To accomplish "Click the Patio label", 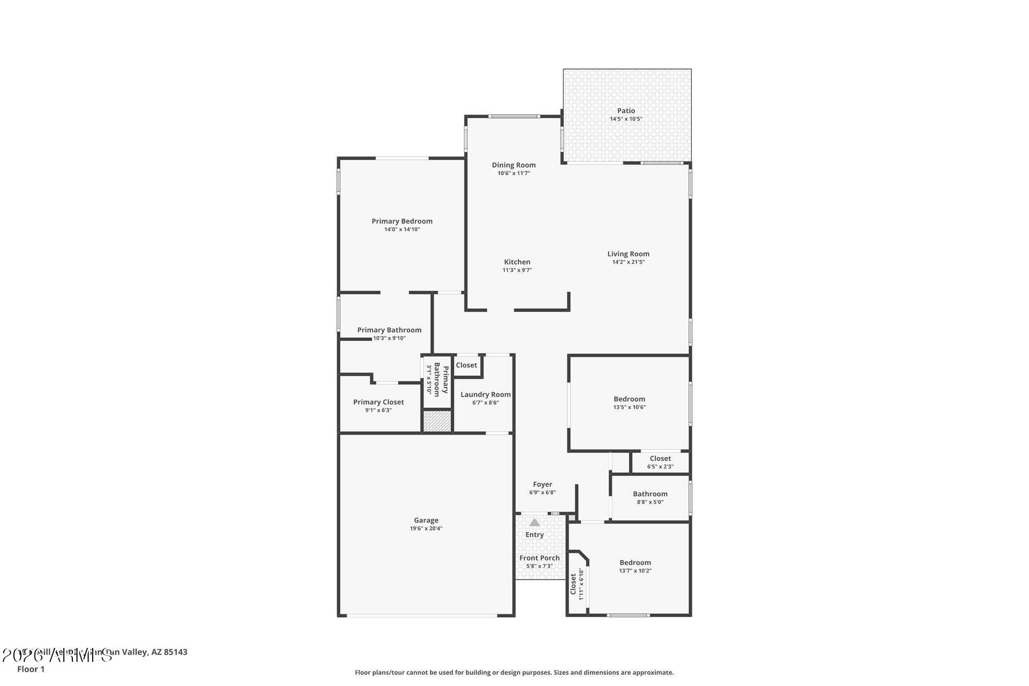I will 625,111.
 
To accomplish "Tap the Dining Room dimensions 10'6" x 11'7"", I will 513,173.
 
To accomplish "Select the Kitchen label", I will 517,262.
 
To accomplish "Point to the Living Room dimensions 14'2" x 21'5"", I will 628,262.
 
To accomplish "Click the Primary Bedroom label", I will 402,221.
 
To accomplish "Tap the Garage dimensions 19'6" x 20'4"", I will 426,528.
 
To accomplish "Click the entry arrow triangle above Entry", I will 534,522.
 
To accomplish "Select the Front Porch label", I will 539,558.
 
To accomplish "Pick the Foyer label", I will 542,484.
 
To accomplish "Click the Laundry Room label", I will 486,394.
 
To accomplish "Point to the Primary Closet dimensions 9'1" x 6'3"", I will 378,410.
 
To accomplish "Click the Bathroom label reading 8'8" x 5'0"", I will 650,494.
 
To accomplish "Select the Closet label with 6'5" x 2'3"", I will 660,458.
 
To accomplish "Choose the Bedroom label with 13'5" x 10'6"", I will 629,399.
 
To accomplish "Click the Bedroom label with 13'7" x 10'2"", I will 635,562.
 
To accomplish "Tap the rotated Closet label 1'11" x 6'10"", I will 573,584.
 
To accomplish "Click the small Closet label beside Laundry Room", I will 466,365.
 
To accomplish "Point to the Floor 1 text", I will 31,669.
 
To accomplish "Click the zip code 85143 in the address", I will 176,652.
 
